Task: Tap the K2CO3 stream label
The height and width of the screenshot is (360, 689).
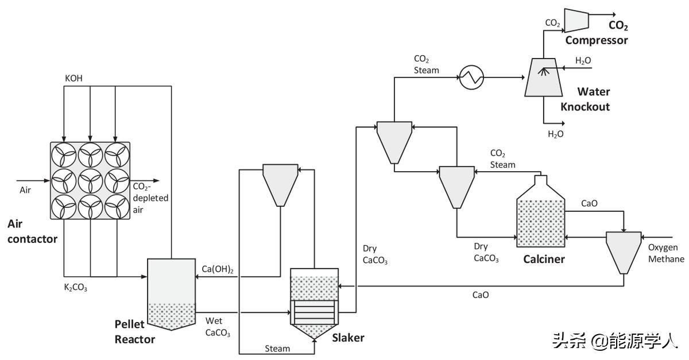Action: tap(75, 287)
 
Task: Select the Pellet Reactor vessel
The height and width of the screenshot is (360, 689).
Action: tap(171, 293)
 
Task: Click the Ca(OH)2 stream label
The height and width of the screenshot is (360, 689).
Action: tap(218, 269)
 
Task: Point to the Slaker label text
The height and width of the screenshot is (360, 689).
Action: tap(348, 338)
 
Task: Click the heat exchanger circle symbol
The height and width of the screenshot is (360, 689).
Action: tap(471, 76)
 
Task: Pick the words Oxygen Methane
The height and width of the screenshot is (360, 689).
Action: tap(666, 253)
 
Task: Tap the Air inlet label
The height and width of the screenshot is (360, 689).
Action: tap(26, 190)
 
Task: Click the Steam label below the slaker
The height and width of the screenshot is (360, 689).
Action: tap(277, 349)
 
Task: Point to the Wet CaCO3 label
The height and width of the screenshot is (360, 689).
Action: tap(218, 327)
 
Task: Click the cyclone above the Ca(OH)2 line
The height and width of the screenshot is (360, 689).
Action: tap(280, 184)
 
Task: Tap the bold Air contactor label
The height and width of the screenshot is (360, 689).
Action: tap(32, 231)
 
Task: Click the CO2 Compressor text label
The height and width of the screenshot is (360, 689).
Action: tap(597, 40)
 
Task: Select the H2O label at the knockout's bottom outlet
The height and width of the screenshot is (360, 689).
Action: tap(555, 134)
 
